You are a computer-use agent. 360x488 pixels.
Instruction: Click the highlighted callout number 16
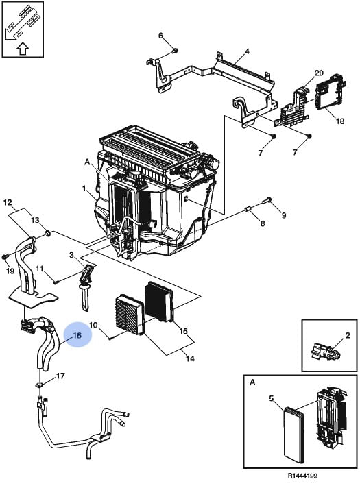coord(77,335)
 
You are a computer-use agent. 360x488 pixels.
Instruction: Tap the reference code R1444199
coord(302,476)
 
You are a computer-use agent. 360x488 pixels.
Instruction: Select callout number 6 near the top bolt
coord(160,36)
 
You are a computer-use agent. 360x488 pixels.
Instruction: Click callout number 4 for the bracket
coord(247,51)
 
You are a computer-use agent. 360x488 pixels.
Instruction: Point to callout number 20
coord(319,73)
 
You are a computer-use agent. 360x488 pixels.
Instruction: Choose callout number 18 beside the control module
coord(340,121)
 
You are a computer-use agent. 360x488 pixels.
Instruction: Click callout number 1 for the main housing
coord(84,188)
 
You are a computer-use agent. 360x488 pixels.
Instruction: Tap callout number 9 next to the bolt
coord(284,215)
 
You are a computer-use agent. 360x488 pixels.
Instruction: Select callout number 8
coord(263,223)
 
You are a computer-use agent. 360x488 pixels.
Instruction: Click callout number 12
coord(8,203)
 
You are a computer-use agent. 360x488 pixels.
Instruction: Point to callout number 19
coord(10,271)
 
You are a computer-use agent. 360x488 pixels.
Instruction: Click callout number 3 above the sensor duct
coord(71,255)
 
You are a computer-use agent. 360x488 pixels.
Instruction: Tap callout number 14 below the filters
coord(190,358)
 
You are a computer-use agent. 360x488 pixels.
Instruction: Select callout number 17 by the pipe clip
coord(60,376)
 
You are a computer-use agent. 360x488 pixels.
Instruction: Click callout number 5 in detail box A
coord(272,398)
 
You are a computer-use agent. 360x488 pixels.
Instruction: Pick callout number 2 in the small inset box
coord(348,335)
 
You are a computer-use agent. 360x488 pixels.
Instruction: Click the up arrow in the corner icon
coord(22,49)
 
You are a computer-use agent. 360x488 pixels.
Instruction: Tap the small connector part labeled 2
coord(324,352)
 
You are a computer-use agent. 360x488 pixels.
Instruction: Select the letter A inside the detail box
coord(252,382)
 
